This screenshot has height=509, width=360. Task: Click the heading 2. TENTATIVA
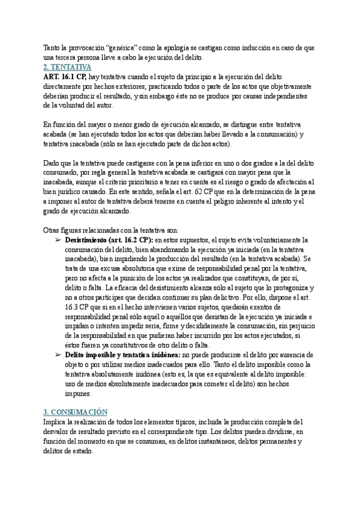67,67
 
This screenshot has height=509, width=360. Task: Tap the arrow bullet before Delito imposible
58,355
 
